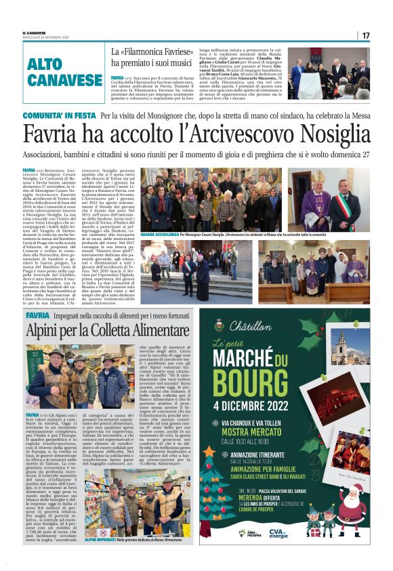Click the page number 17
click(x=365, y=35)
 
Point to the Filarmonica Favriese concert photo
click(x=329, y=73)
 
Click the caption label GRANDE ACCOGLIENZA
click(x=159, y=233)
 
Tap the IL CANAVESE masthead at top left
click(x=36, y=33)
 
